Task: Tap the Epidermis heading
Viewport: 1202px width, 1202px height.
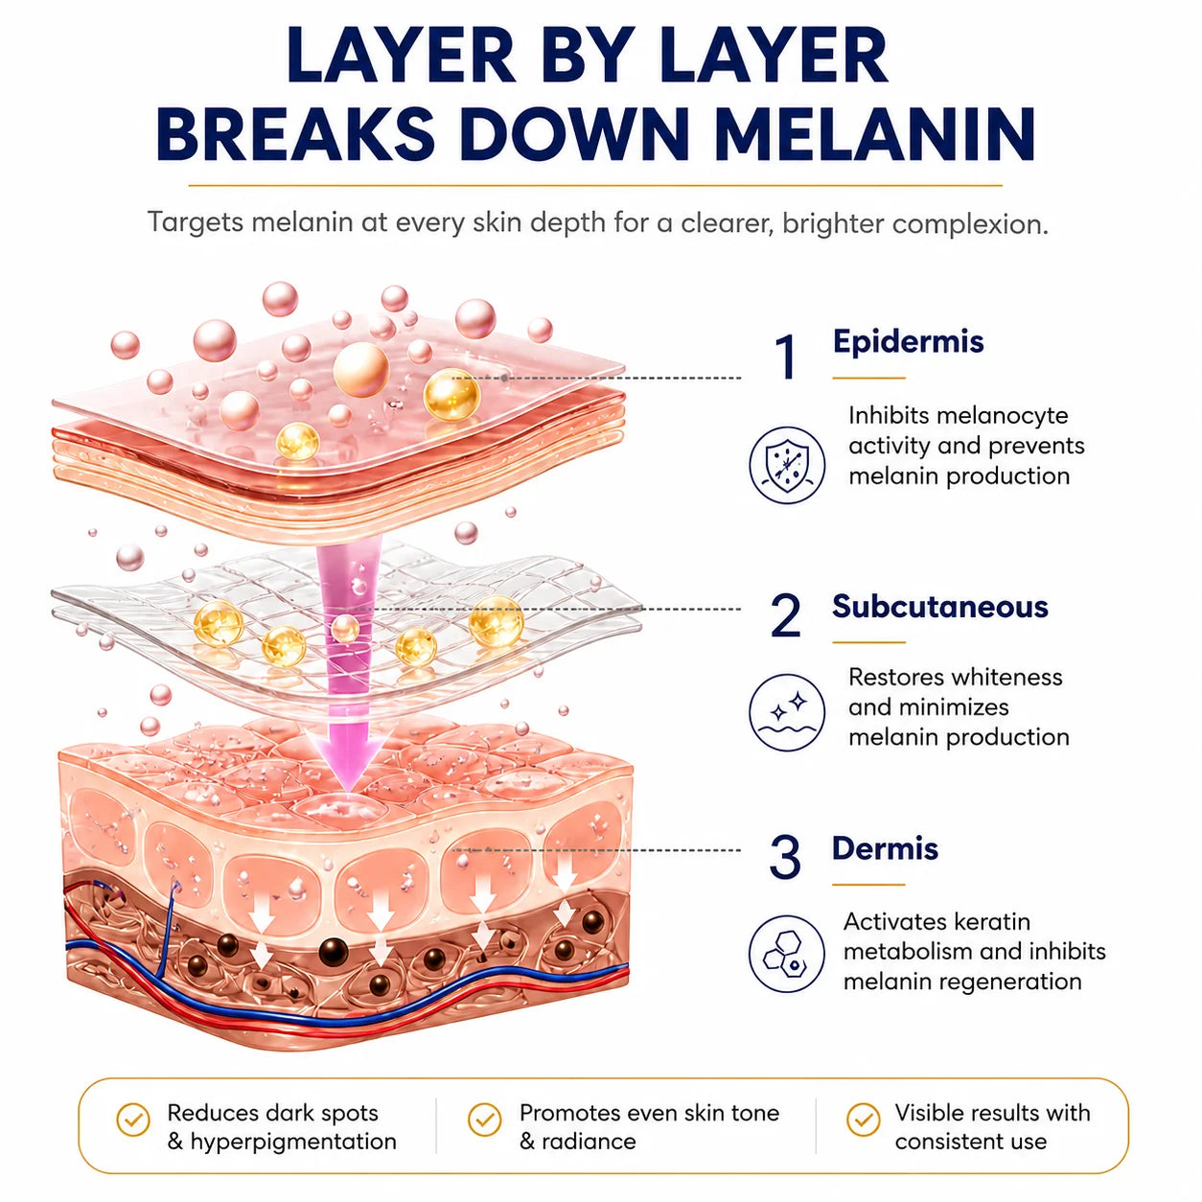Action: point(908,342)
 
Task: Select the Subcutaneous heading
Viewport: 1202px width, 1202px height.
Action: point(939,607)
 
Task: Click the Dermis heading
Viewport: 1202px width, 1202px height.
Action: point(885,848)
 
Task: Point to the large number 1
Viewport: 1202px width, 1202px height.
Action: point(786,357)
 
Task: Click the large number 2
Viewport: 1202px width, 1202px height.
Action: point(785,615)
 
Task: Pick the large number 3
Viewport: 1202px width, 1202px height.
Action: point(785,857)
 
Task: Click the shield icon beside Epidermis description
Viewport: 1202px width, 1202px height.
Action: point(787,465)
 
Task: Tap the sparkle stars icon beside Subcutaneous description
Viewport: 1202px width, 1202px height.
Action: point(787,712)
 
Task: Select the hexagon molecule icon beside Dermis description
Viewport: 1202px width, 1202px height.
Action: point(786,954)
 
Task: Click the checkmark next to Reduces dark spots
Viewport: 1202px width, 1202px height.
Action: point(133,1119)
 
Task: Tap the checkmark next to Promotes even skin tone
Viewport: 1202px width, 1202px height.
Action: point(484,1119)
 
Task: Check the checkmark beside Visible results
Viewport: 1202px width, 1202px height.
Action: point(863,1119)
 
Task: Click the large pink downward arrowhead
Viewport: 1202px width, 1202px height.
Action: point(347,759)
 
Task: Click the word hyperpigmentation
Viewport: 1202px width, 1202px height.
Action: point(292,1142)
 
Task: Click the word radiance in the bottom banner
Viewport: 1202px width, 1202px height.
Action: point(589,1142)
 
